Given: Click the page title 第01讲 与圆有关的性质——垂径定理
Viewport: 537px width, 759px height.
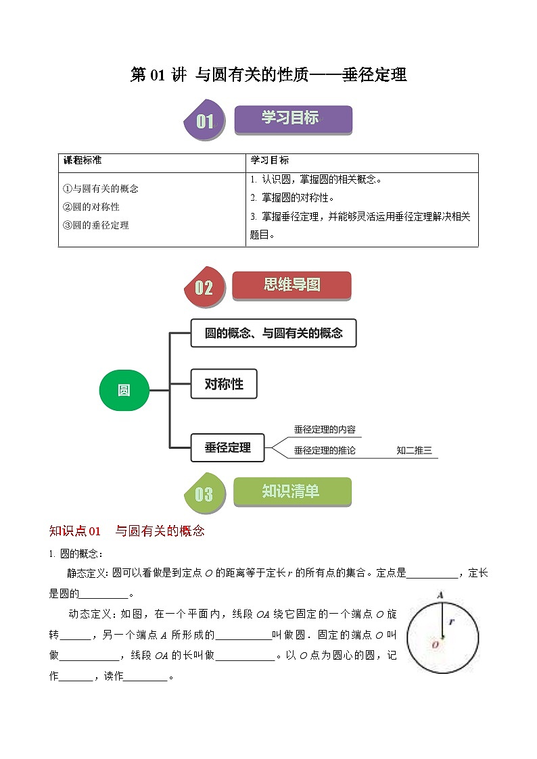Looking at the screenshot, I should tap(268, 75).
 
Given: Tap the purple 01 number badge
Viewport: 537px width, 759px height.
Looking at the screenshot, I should tap(204, 122).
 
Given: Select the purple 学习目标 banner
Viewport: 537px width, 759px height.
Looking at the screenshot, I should tap(293, 118).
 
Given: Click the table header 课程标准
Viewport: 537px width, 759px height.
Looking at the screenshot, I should tap(83, 161).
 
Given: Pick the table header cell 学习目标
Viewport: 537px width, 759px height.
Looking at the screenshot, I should tap(270, 161).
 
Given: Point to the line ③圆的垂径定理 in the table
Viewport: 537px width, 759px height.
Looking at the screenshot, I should tap(95, 225).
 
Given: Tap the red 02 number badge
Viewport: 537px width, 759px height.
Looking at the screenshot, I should tap(204, 288).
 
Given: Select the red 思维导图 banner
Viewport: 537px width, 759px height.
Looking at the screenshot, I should tap(291, 285).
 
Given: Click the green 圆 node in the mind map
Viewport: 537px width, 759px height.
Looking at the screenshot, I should tap(124, 390).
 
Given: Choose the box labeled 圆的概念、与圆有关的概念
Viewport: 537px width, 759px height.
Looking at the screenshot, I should tap(273, 333).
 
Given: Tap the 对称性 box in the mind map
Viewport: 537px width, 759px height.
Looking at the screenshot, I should tap(224, 385).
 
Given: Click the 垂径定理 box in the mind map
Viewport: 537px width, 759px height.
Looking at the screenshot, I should tap(227, 447).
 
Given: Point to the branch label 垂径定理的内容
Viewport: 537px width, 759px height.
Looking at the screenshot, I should tap(325, 430).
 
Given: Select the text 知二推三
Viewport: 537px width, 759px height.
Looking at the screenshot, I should tap(414, 450).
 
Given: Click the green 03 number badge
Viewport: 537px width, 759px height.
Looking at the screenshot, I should tap(204, 494).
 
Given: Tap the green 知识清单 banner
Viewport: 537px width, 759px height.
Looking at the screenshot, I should tap(291, 491).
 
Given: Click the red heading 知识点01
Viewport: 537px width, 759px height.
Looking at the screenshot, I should tap(75, 531).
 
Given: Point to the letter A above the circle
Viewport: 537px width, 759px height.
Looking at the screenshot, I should tap(440, 595).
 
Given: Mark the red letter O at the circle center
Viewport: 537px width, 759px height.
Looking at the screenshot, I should tap(435, 645).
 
